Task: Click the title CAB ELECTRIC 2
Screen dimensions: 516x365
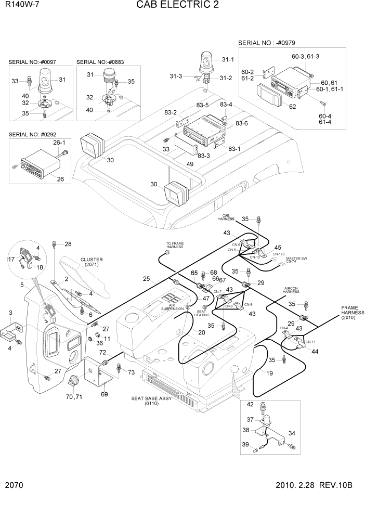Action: pos(177,6)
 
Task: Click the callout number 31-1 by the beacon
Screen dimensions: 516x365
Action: pos(228,60)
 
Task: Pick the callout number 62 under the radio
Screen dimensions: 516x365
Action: pos(292,107)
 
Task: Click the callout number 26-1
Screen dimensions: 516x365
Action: pos(59,142)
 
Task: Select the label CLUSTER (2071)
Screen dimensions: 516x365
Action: pos(92,262)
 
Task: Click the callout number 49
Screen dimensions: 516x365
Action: pos(191,164)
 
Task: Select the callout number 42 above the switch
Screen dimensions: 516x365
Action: pos(250,404)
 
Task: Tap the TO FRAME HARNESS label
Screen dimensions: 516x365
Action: pos(175,245)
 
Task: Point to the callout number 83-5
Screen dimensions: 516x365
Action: pos(202,105)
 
